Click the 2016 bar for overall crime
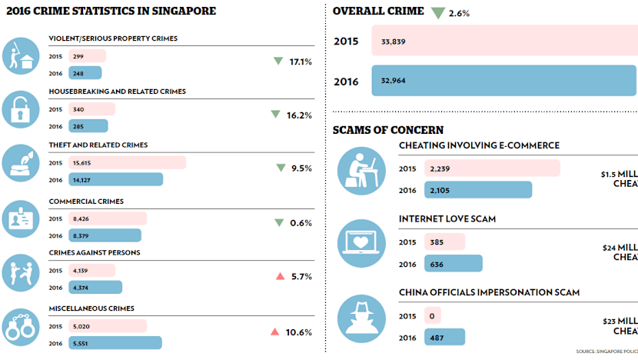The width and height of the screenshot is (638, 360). pos(503,81)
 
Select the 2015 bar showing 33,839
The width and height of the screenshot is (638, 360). pos(503,41)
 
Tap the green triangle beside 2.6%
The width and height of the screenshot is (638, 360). pos(438,12)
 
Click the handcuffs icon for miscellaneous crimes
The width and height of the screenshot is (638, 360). pos(22,325)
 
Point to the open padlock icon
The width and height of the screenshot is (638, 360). pos(22,110)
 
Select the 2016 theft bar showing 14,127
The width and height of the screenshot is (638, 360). pos(115,179)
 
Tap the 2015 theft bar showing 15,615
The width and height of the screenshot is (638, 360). pos(127,162)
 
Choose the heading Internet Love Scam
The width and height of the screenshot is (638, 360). pos(447,219)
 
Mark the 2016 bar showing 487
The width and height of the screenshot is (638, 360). pos(445,337)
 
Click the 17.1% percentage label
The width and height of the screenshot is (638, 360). pos(301,62)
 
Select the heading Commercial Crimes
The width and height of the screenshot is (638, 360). pos(86,202)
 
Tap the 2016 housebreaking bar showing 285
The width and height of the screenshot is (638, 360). pos(88,126)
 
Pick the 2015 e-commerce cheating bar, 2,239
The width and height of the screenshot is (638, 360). pos(492,168)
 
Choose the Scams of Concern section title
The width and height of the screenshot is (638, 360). pos(387,129)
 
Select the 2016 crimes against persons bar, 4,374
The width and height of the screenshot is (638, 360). pos(95,287)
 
